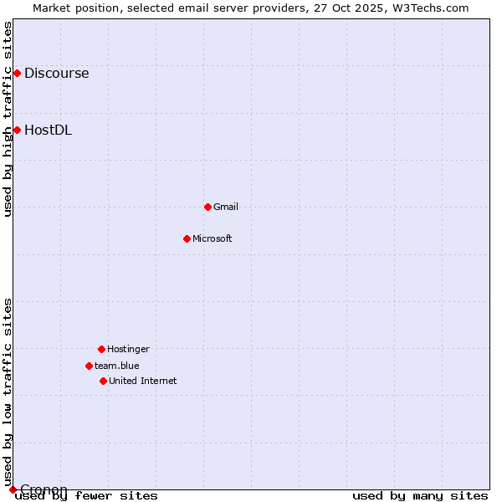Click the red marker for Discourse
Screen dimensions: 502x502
17,73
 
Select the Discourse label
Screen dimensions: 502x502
56,73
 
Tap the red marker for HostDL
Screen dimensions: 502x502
17,130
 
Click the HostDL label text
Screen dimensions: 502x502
48,130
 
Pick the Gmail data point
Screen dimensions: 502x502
207,207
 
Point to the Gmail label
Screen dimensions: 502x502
226,207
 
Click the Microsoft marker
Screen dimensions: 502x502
187,238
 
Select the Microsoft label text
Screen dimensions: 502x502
213,238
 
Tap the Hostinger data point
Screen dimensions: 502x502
101,349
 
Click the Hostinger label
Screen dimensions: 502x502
128,349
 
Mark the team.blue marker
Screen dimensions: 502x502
89,366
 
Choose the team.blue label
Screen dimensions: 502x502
117,366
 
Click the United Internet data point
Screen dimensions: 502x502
103,381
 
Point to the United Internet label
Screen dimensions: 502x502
143,381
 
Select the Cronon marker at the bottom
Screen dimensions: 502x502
13,489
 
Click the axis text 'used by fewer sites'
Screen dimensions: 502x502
86,495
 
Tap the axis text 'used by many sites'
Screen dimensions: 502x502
420,495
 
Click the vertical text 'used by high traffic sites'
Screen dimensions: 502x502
8,119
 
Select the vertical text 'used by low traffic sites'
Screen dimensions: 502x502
8,392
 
